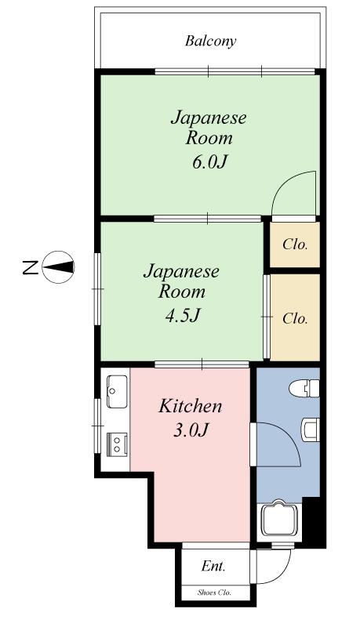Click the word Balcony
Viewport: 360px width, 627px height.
[x=210, y=42]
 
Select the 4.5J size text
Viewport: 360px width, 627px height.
[x=183, y=316]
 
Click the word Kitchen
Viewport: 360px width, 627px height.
[x=190, y=406]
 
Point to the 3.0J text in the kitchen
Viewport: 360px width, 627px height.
[x=191, y=430]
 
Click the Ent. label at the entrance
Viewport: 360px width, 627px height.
[x=213, y=566]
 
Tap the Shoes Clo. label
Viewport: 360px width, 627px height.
[x=214, y=593]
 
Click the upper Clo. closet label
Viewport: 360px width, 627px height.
[x=295, y=244]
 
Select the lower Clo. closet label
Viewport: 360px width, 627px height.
[x=295, y=319]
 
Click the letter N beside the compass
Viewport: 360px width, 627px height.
[x=30, y=267]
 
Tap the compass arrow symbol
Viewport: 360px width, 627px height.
[x=58, y=266]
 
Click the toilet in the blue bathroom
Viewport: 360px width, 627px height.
[x=304, y=389]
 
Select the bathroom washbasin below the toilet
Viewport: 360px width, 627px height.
[x=311, y=429]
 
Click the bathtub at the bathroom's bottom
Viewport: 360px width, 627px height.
[x=279, y=520]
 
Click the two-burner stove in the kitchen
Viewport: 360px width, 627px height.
[x=117, y=444]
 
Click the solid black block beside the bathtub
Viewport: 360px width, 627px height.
[x=314, y=520]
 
